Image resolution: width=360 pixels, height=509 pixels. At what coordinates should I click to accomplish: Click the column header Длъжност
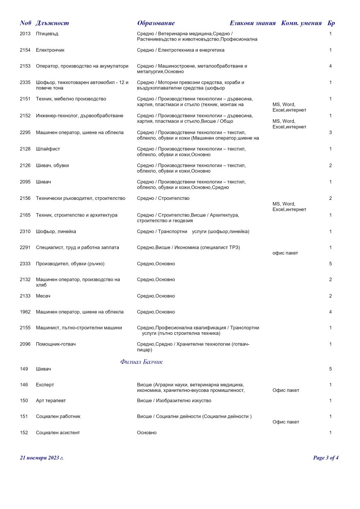[x=52, y=23]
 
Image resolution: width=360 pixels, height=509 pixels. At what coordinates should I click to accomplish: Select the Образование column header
[x=156, y=23]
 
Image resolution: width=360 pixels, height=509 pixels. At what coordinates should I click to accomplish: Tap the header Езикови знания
[x=252, y=23]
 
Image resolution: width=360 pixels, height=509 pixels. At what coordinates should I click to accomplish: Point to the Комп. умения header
[x=301, y=23]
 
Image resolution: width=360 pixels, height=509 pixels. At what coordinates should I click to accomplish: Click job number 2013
[x=25, y=34]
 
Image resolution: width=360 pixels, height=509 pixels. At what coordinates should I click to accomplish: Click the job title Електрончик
[x=50, y=50]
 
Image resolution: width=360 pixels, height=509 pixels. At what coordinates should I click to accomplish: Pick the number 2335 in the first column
[x=25, y=82]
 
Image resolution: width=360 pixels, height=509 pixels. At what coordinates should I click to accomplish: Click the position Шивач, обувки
[x=53, y=166]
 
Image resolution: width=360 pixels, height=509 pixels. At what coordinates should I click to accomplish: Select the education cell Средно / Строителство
[x=163, y=198]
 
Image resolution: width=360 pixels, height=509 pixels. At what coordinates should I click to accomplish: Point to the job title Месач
[x=43, y=296]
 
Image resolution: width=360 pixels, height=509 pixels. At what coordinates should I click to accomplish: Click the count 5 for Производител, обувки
[x=330, y=264]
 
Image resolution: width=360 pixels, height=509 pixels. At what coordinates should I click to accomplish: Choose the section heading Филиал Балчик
[x=142, y=362]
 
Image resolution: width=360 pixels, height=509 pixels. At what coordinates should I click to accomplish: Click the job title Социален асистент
[x=58, y=432]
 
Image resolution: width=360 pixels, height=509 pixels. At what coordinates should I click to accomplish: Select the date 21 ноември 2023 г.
[x=42, y=458]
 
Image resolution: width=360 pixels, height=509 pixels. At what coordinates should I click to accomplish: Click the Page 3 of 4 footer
[x=326, y=458]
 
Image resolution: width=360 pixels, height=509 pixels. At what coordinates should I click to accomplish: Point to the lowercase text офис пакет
[x=285, y=253]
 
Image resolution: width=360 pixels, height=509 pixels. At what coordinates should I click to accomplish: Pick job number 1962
[x=25, y=312]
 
